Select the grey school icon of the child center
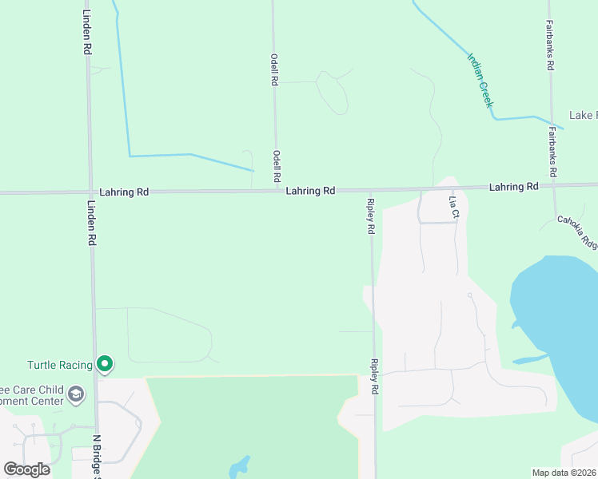point(76,394)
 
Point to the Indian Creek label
point(480,80)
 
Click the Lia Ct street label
point(453,207)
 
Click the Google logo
point(26,469)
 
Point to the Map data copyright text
point(564,473)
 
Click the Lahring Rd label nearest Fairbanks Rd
point(513,187)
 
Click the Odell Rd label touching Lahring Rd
point(277,166)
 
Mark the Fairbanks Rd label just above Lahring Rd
point(552,151)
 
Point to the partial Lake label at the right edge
point(582,116)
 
